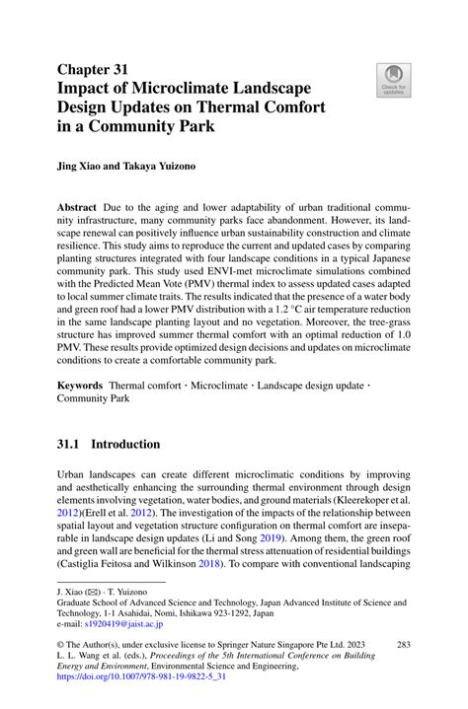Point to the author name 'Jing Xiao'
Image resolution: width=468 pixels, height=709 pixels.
tap(83, 167)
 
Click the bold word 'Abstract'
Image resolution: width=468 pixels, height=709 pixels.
tap(77, 208)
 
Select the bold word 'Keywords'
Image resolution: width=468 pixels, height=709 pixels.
tap(81, 381)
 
